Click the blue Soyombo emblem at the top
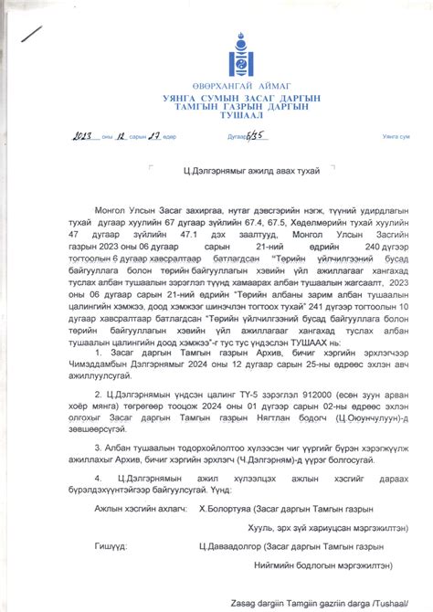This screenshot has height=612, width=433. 216,51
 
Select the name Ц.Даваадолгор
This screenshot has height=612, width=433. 228,546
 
